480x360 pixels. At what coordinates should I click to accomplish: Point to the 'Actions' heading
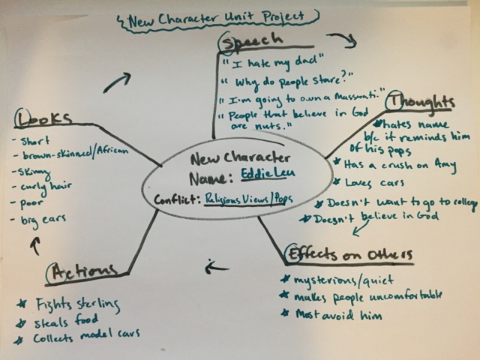(x=82, y=274)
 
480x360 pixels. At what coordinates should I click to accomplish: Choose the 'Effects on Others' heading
(x=348, y=253)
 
